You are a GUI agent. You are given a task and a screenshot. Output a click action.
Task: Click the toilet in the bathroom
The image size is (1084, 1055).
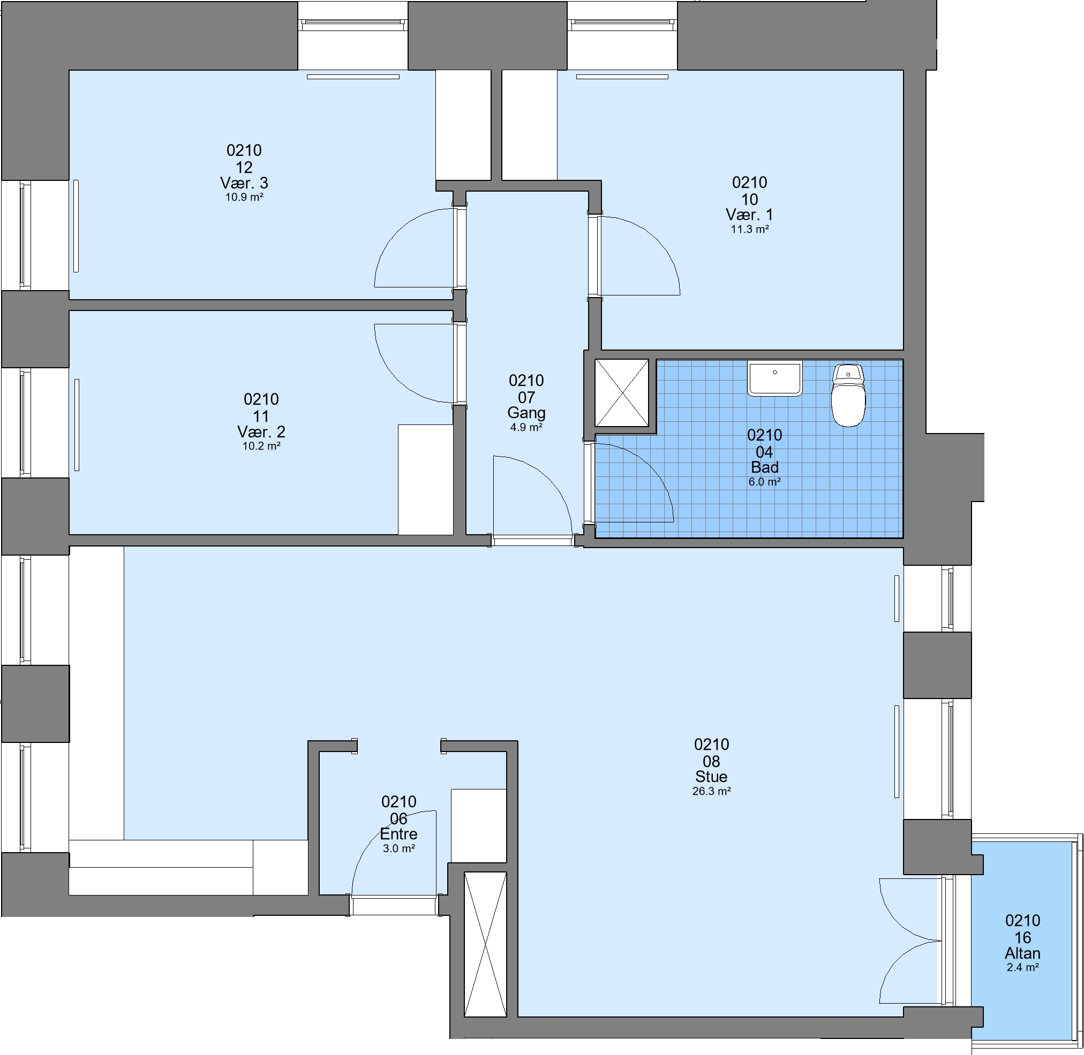pos(848,395)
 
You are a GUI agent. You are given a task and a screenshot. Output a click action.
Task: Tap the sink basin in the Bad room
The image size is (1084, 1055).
pos(774,378)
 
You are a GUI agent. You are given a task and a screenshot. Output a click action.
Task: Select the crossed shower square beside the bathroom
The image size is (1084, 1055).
pos(622,392)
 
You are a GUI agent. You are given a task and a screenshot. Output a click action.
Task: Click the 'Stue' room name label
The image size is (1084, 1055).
pos(711,776)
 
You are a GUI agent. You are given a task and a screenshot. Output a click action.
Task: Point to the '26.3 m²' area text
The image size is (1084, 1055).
pos(711,791)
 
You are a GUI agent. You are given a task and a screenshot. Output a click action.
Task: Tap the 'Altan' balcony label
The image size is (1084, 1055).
pos(1022,953)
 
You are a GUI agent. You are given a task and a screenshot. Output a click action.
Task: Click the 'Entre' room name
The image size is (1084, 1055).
pos(398,834)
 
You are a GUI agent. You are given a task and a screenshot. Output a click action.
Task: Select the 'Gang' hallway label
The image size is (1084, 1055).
pos(526,413)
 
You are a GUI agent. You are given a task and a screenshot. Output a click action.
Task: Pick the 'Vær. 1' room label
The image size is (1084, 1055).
pos(750,215)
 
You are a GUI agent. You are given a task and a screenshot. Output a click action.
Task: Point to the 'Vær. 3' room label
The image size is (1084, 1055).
pos(244,183)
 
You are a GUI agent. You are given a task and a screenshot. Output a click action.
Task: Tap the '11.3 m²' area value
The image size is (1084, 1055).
pos(750,230)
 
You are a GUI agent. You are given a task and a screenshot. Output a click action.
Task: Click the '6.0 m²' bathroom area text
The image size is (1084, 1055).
pos(765,482)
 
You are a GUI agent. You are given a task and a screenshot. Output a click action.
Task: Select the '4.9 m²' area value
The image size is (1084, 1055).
pos(526,427)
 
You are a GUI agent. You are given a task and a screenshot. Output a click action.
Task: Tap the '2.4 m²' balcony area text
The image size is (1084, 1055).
pos(1022,967)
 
